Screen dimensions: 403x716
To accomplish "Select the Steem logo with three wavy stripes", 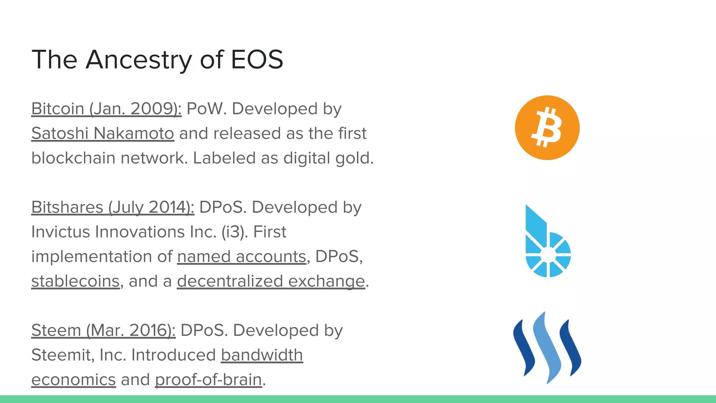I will click(547, 348).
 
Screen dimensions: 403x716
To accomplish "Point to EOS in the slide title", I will click(257, 59).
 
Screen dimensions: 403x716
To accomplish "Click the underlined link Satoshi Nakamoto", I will click(102, 133).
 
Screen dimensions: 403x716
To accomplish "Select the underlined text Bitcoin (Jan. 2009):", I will click(106, 109).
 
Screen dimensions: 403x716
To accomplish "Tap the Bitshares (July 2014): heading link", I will click(113, 207).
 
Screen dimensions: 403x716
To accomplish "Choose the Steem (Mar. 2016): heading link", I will click(103, 330).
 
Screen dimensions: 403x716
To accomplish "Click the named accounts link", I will click(242, 256).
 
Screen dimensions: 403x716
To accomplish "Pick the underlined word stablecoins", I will click(76, 281).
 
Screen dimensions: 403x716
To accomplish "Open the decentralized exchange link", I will click(271, 281).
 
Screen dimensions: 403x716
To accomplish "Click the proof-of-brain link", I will click(208, 380).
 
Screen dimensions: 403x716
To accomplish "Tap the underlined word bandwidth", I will click(262, 355).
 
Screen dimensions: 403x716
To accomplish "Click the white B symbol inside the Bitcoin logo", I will click(547, 128).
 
